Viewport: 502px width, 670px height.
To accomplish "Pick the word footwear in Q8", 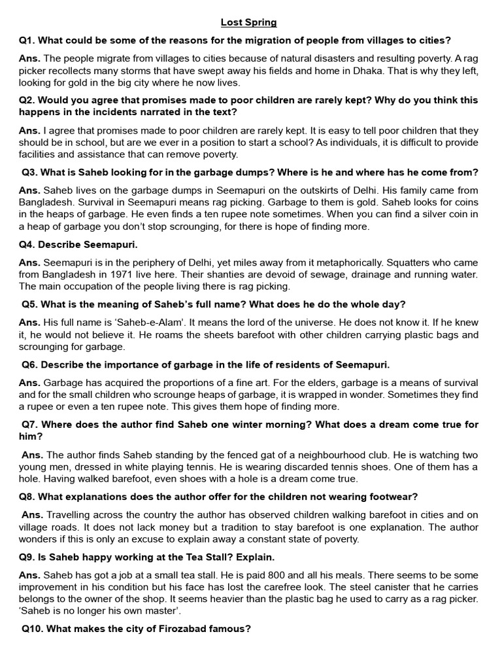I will (x=392, y=496).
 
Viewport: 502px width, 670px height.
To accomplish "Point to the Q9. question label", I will (x=27, y=557).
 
